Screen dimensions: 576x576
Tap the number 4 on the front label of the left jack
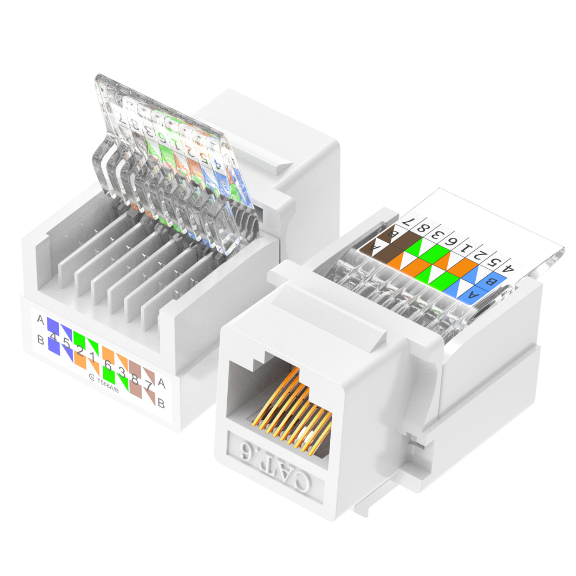click(54, 337)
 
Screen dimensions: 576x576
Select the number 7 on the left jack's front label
click(148, 385)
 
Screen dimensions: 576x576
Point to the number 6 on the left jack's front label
click(108, 365)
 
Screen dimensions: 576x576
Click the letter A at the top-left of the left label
click(40, 319)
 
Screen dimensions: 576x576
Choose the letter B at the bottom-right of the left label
click(161, 403)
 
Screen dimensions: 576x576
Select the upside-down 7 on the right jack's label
click(408, 222)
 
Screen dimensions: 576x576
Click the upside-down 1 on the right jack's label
click(466, 248)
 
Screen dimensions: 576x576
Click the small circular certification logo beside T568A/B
click(92, 377)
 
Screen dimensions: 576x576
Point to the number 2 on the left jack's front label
click(80, 350)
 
